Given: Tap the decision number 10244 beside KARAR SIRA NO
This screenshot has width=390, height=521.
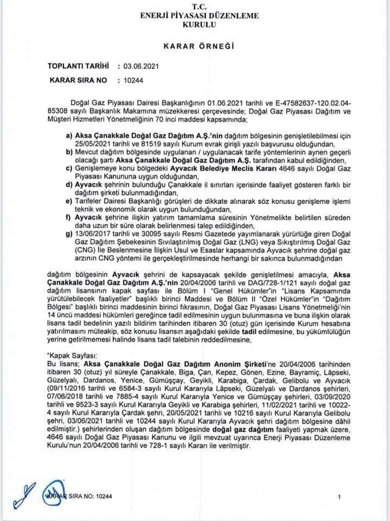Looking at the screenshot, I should tap(133, 81).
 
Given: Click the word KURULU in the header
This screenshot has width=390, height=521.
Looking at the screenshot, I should tap(194, 26).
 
